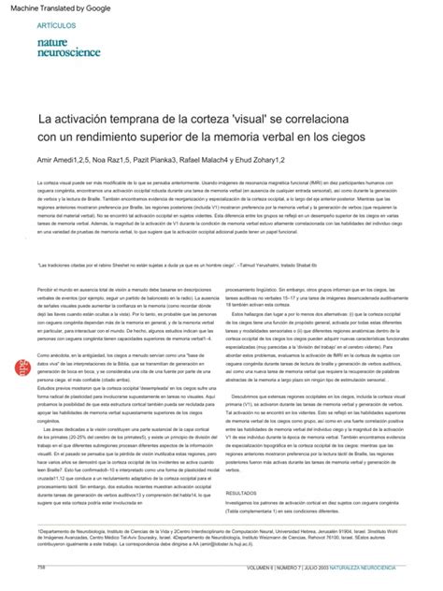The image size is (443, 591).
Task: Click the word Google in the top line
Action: [x=92, y=7]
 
